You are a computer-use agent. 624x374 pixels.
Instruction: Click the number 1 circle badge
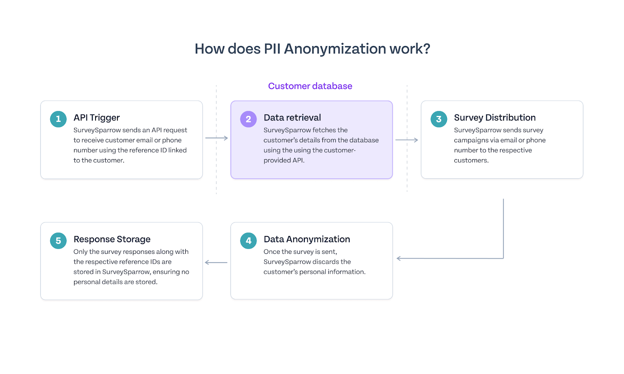58,119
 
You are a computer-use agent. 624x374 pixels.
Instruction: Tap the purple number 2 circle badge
248,119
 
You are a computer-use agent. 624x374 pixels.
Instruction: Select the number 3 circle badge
439,119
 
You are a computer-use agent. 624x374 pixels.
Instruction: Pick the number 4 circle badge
248,241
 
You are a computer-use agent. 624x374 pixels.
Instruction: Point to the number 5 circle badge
58,241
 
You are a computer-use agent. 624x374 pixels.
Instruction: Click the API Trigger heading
96,118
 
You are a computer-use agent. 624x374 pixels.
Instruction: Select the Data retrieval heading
292,118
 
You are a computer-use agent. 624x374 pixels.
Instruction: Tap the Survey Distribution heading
495,118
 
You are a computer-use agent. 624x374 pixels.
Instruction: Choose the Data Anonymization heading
307,239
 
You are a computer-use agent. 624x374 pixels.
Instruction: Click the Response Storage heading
112,239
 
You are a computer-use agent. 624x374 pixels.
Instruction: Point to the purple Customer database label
310,86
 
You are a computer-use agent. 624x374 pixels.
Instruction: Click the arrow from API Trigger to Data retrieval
216,138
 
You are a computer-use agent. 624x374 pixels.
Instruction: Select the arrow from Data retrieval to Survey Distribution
407,140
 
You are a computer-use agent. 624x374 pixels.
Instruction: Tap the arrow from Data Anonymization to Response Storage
216,262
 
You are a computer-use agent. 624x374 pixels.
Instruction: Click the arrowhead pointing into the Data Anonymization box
399,258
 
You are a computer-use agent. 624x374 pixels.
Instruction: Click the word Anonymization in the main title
335,49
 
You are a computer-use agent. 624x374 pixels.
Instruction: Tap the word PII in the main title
272,49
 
